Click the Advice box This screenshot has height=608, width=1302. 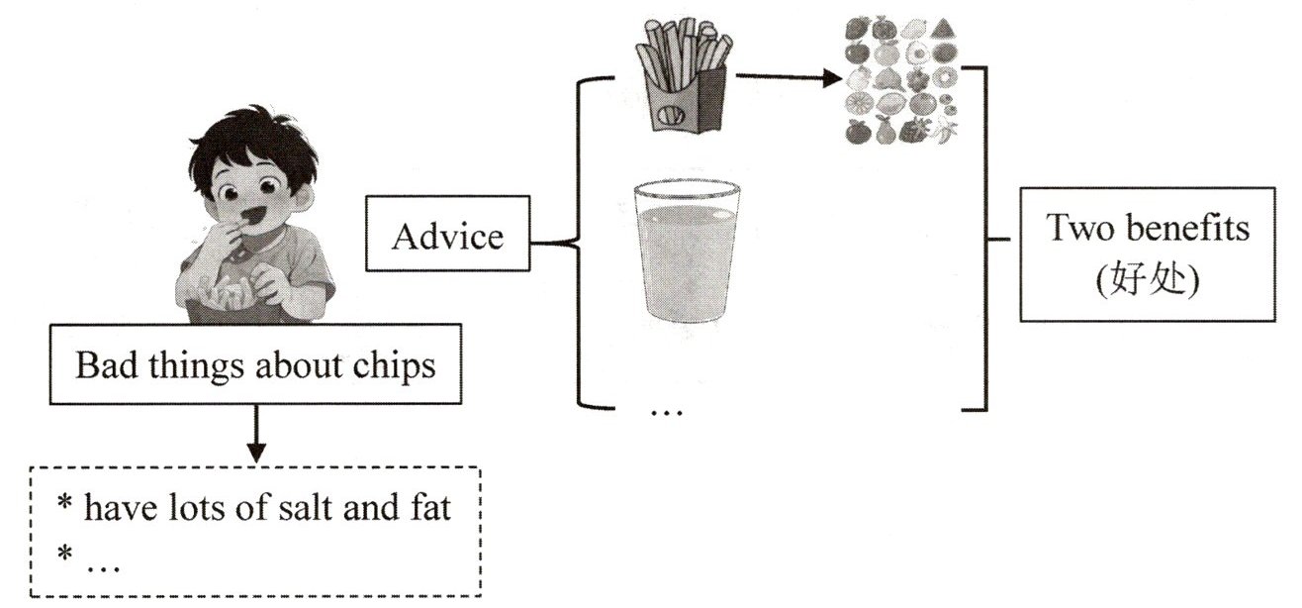[447, 237]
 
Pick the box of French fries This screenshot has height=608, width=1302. [684, 79]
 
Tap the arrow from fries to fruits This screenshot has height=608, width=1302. [783, 75]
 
